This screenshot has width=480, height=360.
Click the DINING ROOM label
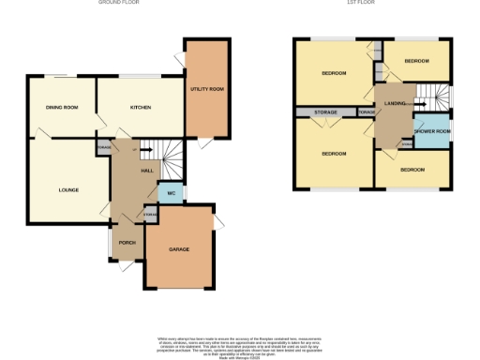[x=60, y=108]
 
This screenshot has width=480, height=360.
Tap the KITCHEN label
[x=140, y=107]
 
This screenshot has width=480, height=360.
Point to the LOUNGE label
[x=68, y=189]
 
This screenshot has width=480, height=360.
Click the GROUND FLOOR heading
[x=119, y=4]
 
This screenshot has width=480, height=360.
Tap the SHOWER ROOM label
[x=431, y=132]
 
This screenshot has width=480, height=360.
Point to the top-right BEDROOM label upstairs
[x=416, y=61]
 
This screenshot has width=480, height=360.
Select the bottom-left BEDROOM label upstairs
[x=334, y=153]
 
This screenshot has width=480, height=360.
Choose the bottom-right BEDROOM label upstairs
[x=412, y=170]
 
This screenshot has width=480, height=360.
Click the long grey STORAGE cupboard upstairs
[x=325, y=112]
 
